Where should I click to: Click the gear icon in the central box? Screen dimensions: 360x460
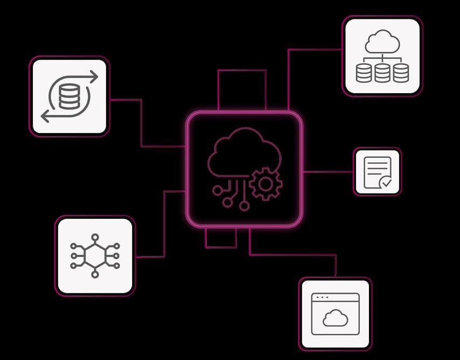click(x=266, y=184)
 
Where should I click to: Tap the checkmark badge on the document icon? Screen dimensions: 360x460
click(x=386, y=183)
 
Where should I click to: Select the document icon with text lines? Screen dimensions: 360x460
click(x=377, y=171)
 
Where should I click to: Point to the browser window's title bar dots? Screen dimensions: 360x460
click(x=322, y=297)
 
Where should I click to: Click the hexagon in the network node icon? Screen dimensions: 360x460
click(x=95, y=255)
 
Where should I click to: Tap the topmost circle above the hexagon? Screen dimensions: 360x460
click(x=95, y=237)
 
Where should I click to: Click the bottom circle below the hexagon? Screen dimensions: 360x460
click(x=95, y=274)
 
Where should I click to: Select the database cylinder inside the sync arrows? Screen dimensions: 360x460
click(x=68, y=96)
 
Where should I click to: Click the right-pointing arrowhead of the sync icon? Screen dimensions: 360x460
click(x=95, y=77)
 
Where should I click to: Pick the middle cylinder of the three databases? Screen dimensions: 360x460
click(x=382, y=73)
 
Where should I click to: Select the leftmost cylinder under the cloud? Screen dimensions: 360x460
click(x=364, y=73)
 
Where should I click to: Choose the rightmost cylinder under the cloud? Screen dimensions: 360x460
click(x=401, y=73)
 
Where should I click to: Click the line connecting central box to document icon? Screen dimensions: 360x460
click(x=327, y=172)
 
